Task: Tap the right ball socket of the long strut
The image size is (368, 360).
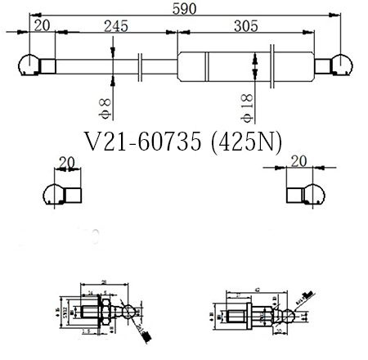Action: coord(340,63)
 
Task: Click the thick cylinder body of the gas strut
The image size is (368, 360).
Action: coord(245,63)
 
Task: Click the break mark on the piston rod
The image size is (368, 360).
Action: coord(141,63)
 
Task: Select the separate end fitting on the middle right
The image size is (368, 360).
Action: coord(303,194)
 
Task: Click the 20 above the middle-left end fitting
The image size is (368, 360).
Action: coord(67,161)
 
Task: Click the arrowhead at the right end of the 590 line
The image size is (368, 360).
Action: coord(337,14)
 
